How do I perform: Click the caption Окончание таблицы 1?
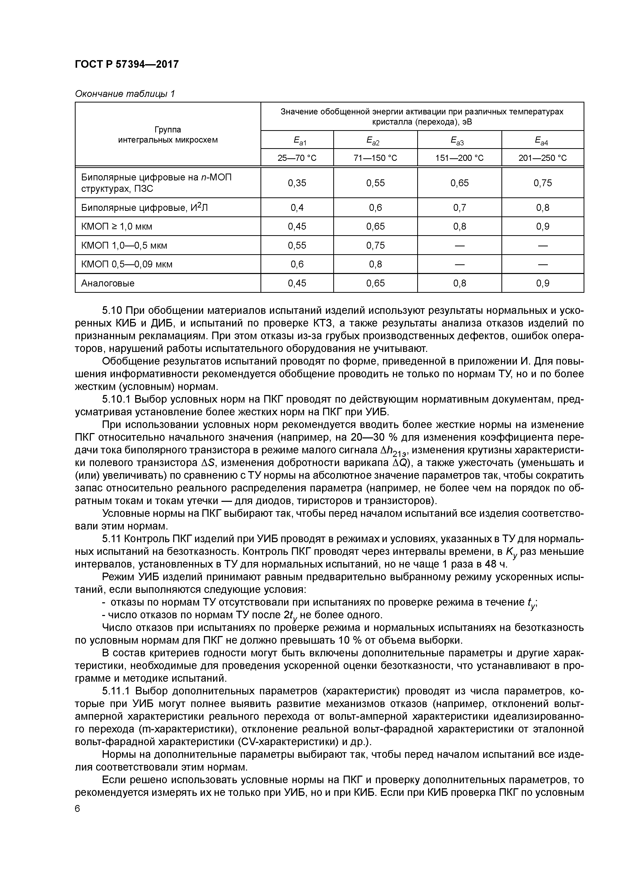pyautogui.click(x=125, y=94)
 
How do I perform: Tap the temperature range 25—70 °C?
pyautogui.click(x=296, y=158)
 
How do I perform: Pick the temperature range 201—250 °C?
pyautogui.click(x=542, y=158)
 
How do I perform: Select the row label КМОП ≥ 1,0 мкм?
pyautogui.click(x=117, y=226)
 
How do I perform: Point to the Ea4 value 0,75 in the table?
pyautogui.click(x=542, y=183)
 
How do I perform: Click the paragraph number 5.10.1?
pyautogui.click(x=116, y=400)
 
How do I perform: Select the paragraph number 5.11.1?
pyautogui.click(x=116, y=691)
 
